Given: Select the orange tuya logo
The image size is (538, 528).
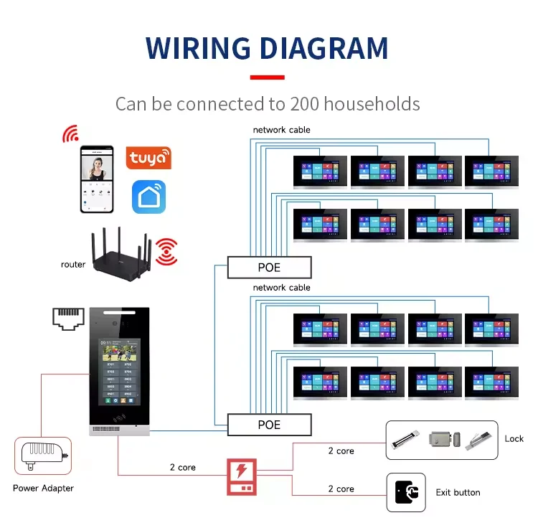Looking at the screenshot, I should (x=148, y=158).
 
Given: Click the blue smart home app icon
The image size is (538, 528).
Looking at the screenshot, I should (x=148, y=197).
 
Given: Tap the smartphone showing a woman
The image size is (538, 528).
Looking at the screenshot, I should (x=97, y=179).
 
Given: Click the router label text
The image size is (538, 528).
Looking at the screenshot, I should (x=73, y=265).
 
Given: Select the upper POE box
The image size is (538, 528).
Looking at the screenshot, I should (x=270, y=268).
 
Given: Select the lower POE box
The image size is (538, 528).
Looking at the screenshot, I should (x=270, y=425).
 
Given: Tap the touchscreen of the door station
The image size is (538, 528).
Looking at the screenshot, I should (x=118, y=369).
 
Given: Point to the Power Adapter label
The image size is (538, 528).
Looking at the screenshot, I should (x=44, y=489).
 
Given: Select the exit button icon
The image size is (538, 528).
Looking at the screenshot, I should (x=406, y=492).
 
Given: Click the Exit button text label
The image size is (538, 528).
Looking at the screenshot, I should (x=458, y=493).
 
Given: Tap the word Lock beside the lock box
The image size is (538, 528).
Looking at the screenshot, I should (x=514, y=438).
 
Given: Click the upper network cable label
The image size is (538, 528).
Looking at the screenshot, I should (x=281, y=130).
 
